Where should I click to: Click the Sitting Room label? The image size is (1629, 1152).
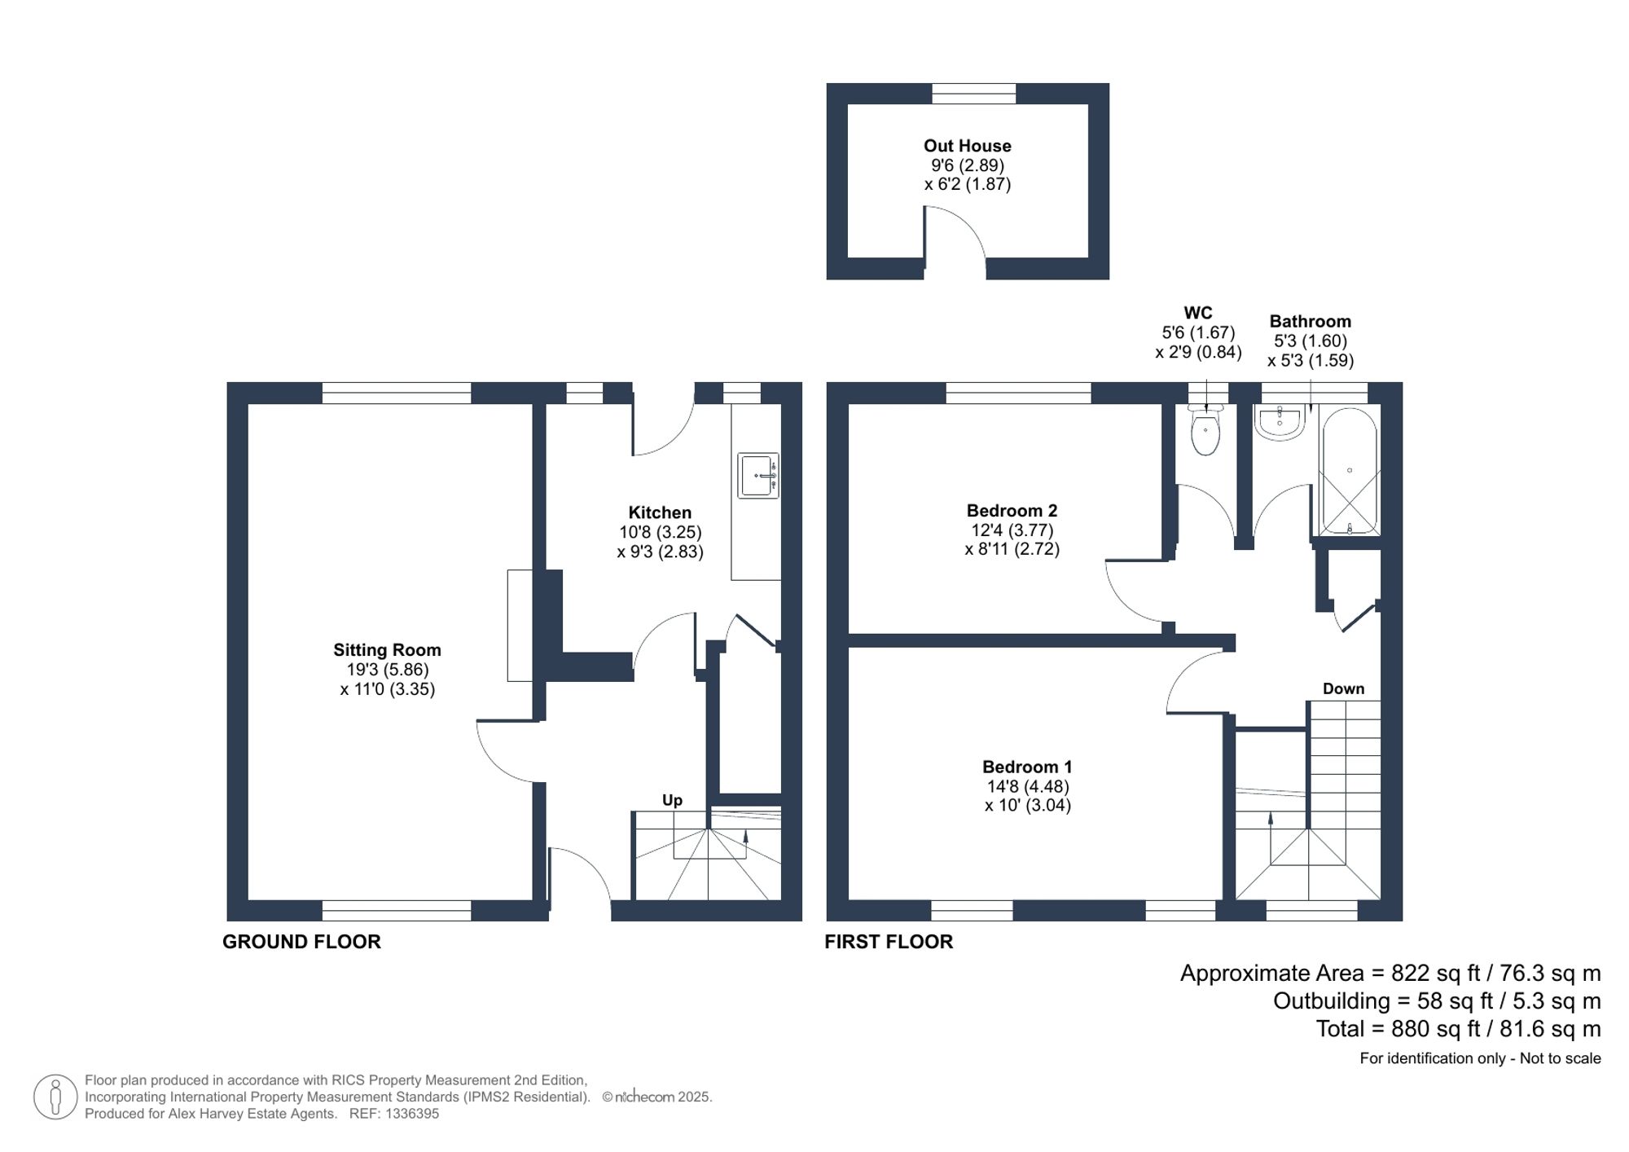387,650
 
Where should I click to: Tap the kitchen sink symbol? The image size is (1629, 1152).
757,476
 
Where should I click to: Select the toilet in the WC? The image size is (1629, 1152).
1205,432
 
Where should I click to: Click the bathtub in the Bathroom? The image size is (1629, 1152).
1350,473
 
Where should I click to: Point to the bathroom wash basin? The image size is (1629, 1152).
1280,423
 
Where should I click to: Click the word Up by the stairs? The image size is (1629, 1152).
672,800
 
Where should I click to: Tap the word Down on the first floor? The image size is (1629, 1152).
1343,688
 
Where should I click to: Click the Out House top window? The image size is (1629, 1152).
974,94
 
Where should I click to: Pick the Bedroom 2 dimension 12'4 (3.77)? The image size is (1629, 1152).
1012,530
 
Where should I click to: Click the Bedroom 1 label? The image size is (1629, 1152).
1027,767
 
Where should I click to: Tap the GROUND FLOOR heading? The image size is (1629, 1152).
301,942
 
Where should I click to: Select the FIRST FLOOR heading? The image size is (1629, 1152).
889,942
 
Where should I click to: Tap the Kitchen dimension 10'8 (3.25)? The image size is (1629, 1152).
660,532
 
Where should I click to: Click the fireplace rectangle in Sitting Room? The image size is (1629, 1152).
520,625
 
